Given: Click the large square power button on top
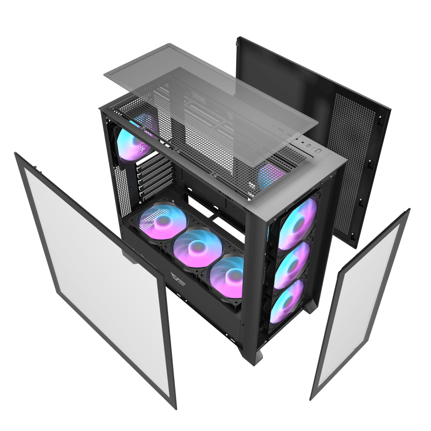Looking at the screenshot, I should pos(318,151).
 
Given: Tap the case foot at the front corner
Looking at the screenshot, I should pos(257,357).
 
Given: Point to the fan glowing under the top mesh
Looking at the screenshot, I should pos(271,175).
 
